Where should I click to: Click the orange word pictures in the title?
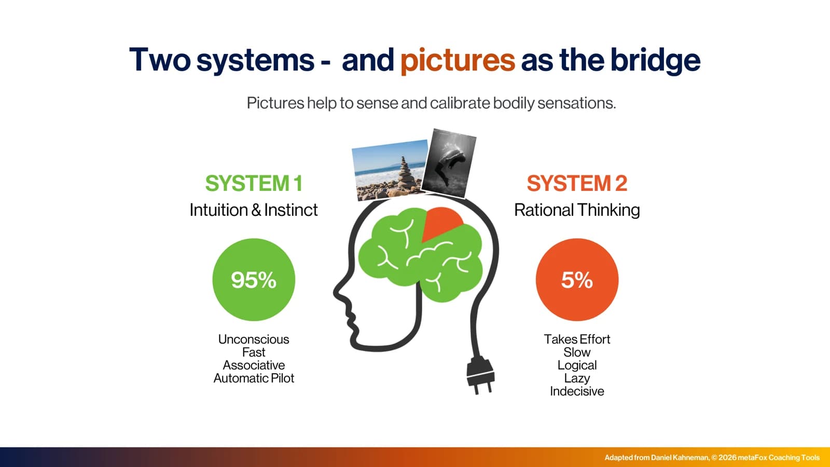[458, 60]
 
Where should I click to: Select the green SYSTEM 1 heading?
[254, 183]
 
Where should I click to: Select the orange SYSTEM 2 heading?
[577, 183]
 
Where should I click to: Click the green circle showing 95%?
[254, 280]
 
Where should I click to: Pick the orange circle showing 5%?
[577, 280]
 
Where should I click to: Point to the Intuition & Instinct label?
[254, 210]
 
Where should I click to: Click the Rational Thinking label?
[577, 210]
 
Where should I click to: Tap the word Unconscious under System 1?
[254, 339]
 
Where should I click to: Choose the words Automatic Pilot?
[254, 378]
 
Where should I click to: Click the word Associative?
[254, 365]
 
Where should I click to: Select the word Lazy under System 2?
[577, 378]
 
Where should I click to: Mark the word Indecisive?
[577, 391]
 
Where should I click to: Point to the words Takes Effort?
[577, 339]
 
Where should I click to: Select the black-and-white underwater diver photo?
[449, 163]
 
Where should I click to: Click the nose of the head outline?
[337, 293]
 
